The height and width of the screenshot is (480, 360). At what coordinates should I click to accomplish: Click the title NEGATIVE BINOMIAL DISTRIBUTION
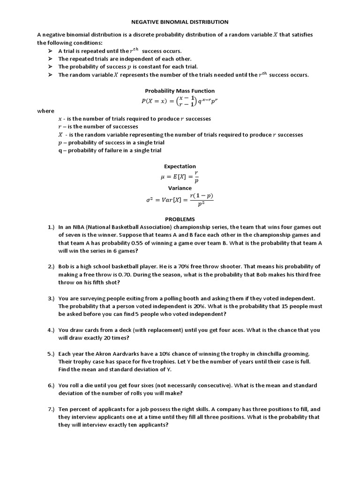click(180, 22)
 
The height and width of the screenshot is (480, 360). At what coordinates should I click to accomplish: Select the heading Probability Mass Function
click(180, 91)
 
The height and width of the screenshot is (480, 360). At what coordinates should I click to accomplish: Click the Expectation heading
click(180, 166)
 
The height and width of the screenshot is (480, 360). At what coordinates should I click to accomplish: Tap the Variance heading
click(180, 188)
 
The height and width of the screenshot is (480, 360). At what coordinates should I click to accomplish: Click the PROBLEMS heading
click(180, 219)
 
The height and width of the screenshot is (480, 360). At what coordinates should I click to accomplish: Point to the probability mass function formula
click(180, 100)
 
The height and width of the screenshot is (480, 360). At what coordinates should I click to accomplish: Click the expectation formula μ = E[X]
click(180, 177)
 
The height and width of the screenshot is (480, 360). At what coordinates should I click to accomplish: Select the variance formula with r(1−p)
click(180, 199)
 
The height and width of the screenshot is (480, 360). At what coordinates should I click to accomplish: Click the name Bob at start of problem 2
click(64, 266)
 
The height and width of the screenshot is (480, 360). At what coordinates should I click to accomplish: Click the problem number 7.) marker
click(51, 409)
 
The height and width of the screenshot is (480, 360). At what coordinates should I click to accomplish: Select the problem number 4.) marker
click(51, 330)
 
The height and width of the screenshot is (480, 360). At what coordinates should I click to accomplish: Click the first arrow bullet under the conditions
click(51, 51)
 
